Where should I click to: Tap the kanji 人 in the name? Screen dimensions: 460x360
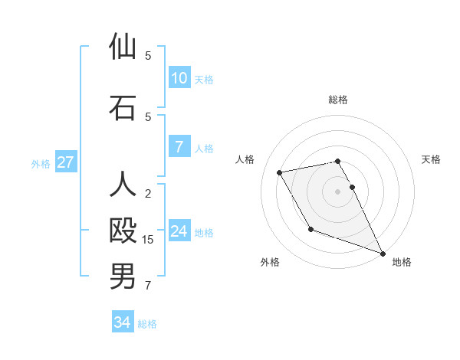(123, 185)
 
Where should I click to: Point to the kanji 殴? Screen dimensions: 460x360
(123, 231)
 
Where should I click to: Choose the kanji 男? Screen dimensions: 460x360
(123, 277)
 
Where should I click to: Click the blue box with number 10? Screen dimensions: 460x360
(179, 78)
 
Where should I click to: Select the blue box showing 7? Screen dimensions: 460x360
(179, 146)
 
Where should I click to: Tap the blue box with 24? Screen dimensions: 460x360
(179, 231)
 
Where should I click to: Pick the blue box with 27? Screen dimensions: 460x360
(66, 162)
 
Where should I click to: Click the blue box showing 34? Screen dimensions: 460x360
(123, 322)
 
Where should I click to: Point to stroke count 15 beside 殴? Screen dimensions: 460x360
(149, 240)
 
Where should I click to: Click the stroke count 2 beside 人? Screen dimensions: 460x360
(149, 193)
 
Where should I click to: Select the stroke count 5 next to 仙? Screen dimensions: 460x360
(149, 55)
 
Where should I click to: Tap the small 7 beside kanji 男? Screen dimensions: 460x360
(149, 286)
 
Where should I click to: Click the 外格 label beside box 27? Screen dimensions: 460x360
(41, 163)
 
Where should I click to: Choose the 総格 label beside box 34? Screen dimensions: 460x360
(148, 324)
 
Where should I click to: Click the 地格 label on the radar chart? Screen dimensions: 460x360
(402, 262)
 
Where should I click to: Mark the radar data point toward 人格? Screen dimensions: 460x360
(280, 173)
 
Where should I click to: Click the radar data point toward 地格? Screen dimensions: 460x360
(383, 253)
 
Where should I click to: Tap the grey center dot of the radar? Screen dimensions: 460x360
(338, 191)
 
